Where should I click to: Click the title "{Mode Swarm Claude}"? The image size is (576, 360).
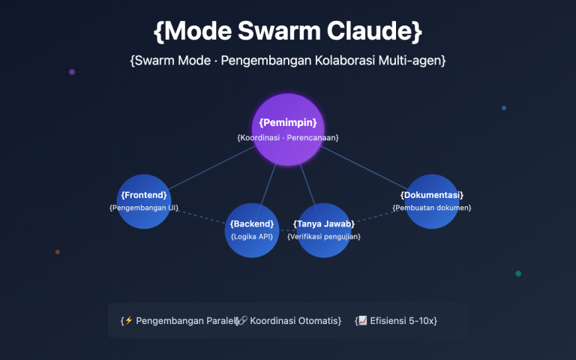point(288,31)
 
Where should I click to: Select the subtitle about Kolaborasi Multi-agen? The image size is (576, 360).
point(288,61)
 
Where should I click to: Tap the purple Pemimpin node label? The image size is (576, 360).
point(288,122)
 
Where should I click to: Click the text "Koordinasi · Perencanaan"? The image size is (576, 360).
point(288,137)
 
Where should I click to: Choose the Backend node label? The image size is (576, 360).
point(252,224)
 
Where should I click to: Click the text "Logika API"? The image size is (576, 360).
point(252,236)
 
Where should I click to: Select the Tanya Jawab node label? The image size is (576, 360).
point(324,224)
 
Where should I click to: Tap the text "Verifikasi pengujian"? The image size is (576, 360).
point(324,236)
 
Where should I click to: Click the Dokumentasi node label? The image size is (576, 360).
point(432,195)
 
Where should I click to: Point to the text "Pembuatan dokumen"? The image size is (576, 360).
point(432,207)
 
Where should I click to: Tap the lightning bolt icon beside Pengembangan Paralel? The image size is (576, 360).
point(128,320)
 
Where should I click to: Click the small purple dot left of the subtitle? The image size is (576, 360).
point(72,72)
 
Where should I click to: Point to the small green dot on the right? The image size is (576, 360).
point(518,274)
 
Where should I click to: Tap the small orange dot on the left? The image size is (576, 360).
point(58,252)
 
